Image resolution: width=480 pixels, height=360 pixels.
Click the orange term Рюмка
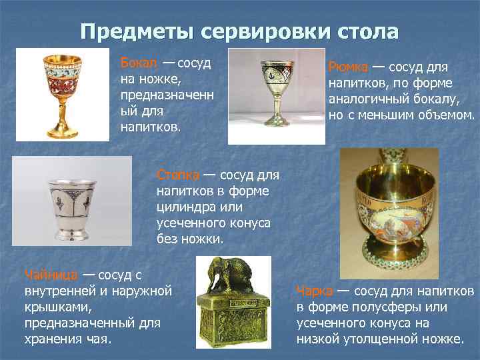347,68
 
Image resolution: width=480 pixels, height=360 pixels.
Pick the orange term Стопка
177,175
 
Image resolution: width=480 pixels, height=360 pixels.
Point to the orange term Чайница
51,275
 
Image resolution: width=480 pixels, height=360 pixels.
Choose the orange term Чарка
313,291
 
